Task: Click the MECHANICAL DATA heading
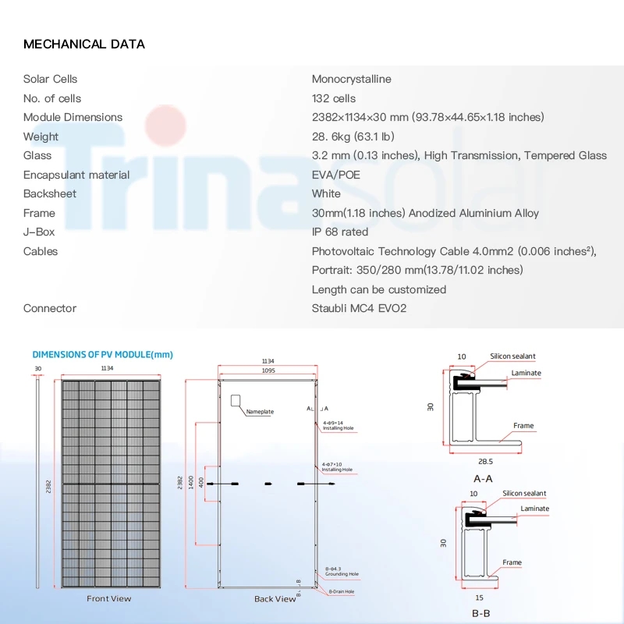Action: tap(84, 44)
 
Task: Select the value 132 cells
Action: tap(334, 98)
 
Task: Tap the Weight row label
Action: tap(41, 136)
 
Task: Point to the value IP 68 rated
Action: tap(340, 232)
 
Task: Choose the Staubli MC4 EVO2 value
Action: tap(359, 308)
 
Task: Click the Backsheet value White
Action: tap(326, 193)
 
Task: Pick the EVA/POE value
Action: tap(336, 175)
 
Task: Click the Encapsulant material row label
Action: tap(76, 175)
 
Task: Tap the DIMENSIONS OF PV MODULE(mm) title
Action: tap(102, 355)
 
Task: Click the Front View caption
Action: tap(109, 598)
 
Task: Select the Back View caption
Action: tap(275, 598)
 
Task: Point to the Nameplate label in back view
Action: tap(260, 411)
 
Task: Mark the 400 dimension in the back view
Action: tap(202, 481)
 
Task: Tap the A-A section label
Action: tap(483, 478)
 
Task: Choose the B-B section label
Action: tap(481, 613)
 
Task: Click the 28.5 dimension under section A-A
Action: tap(484, 461)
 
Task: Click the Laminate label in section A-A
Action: tap(526, 373)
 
